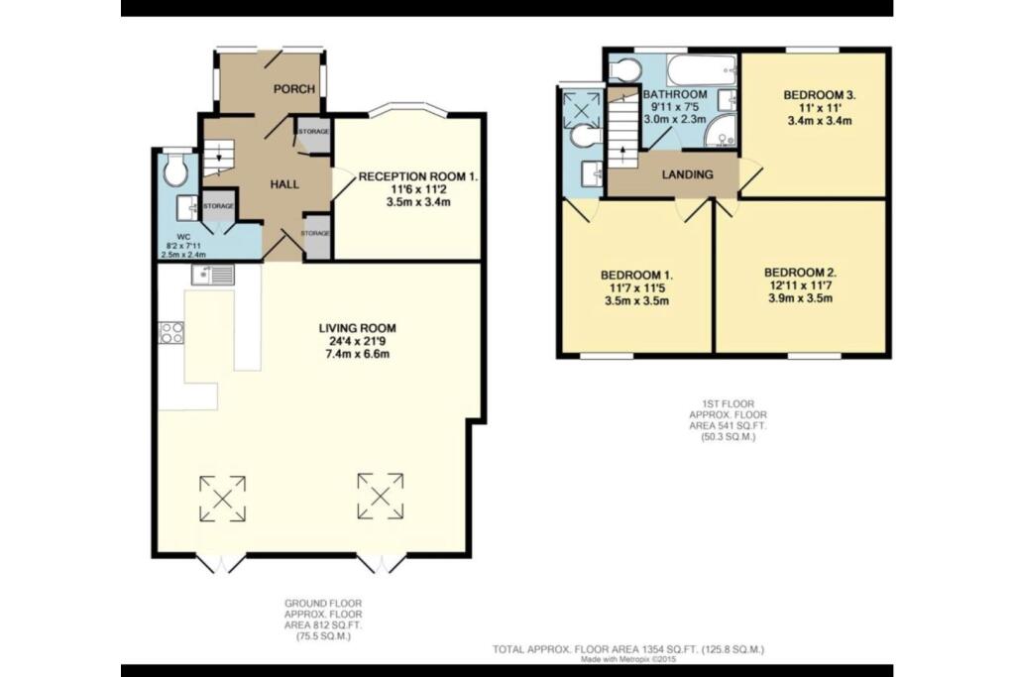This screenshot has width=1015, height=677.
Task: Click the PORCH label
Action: [293, 89]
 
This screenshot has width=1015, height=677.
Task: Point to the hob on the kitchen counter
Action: [170, 333]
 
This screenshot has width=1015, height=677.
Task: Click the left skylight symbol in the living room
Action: [222, 498]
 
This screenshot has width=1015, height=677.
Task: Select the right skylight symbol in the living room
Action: [382, 495]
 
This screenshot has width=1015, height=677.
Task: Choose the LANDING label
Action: [688, 174]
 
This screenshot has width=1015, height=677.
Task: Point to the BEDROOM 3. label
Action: [819, 95]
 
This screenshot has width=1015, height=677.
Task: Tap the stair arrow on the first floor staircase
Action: [622, 152]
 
